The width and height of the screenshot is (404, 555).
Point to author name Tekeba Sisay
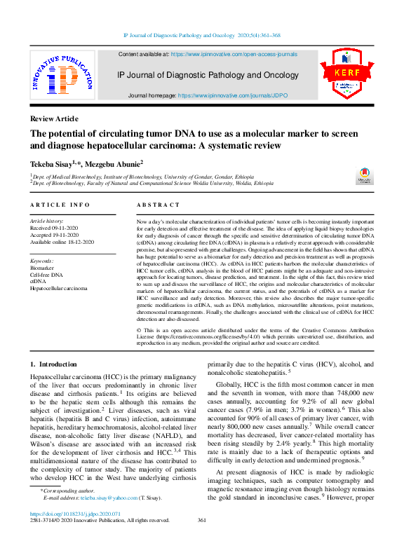(x=52, y=163)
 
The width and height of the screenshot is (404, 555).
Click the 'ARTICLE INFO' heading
(x=60, y=205)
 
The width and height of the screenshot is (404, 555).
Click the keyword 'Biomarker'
(x=41, y=267)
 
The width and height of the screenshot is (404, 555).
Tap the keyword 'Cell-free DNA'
(x=46, y=274)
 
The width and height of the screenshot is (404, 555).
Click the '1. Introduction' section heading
(x=53, y=364)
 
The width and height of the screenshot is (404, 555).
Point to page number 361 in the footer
(x=202, y=520)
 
